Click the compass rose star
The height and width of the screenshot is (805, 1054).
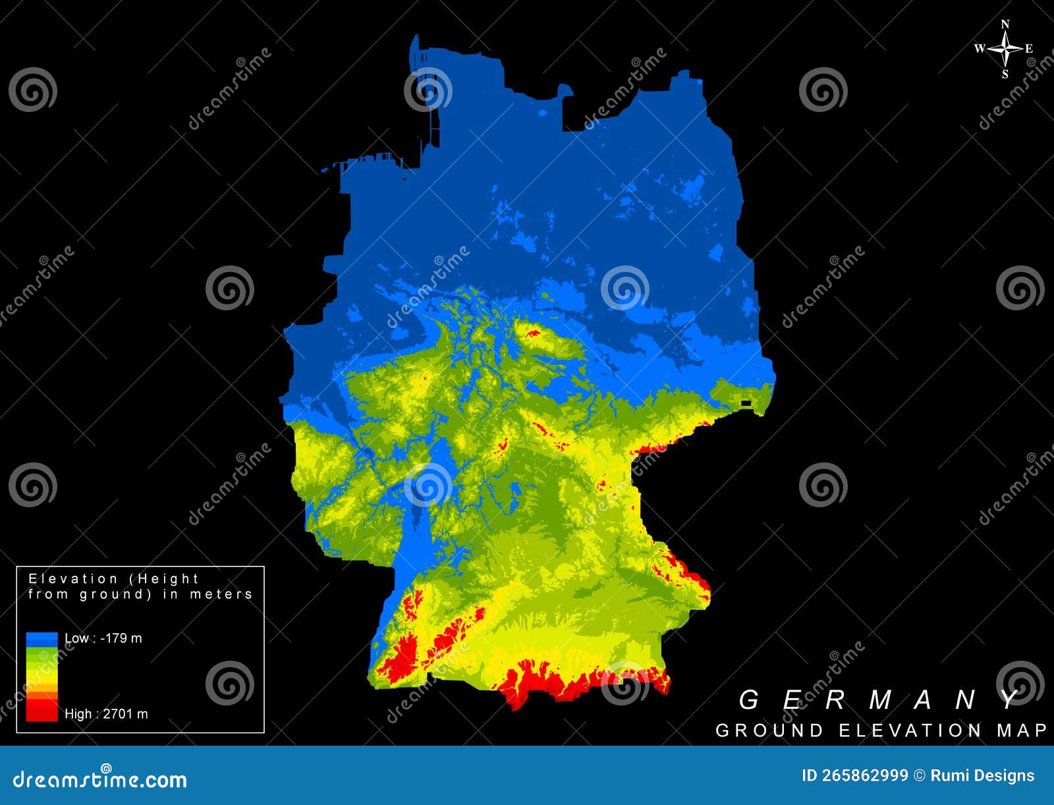(x=1005, y=49)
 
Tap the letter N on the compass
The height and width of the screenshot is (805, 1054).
(x=1005, y=25)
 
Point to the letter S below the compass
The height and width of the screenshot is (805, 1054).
(x=1005, y=74)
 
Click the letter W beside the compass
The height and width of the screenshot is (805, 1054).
(x=980, y=49)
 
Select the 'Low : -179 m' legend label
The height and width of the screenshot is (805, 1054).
(x=103, y=638)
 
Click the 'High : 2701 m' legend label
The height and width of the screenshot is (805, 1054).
(x=106, y=713)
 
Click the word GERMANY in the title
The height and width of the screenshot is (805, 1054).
(x=880, y=700)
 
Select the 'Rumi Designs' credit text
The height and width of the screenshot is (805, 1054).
(x=982, y=775)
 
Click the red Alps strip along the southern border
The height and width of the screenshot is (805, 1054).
(x=560, y=682)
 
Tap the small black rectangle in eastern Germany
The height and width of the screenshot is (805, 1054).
(x=746, y=403)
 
